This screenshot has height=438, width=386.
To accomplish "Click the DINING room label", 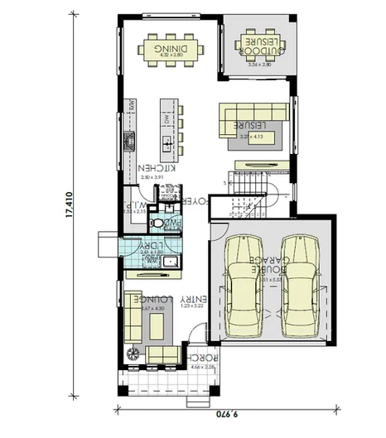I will pyautogui.click(x=169, y=49).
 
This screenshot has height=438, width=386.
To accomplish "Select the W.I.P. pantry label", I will pyautogui.click(x=137, y=204).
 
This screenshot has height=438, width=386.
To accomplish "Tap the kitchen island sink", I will pyautogui.click(x=168, y=146).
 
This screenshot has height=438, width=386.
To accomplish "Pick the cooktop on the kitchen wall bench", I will pyautogui.click(x=129, y=142).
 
